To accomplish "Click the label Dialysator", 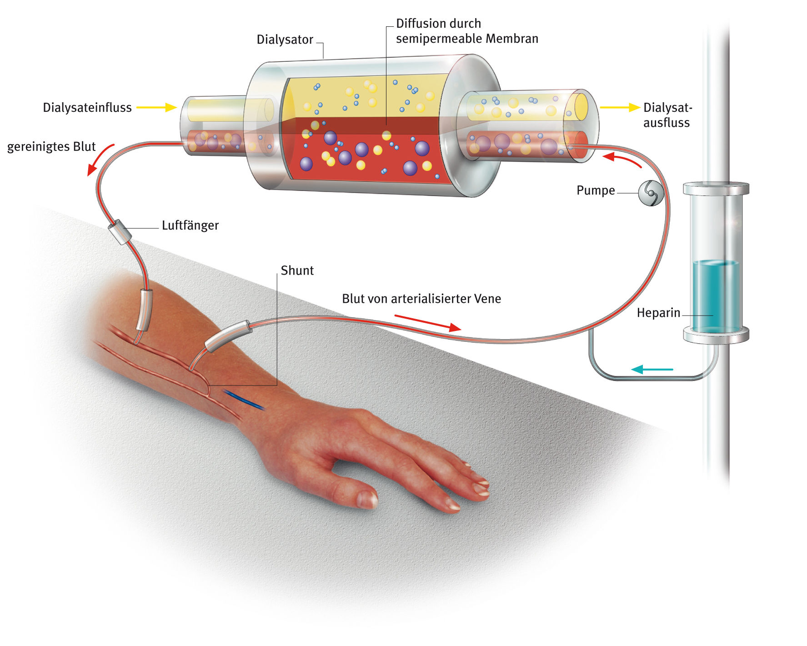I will [285, 40].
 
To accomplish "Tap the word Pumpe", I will [595, 190].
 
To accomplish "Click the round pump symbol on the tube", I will [651, 193].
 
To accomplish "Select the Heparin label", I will [658, 313].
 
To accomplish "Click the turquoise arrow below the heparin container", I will [652, 369].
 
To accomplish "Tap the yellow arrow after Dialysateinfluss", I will [156, 107].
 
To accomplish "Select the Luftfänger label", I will [190, 225].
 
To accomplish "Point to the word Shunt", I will [297, 270].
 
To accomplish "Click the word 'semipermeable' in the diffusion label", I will [437, 39].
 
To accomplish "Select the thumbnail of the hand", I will [367, 499].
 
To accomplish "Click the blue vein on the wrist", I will [243, 400].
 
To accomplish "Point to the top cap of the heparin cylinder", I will [716, 188].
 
